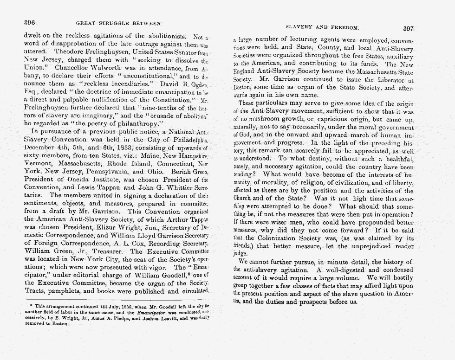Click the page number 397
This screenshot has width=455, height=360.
pyautogui.click(x=411, y=28)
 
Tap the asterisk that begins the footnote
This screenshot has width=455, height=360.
pyautogui.click(x=31, y=307)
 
